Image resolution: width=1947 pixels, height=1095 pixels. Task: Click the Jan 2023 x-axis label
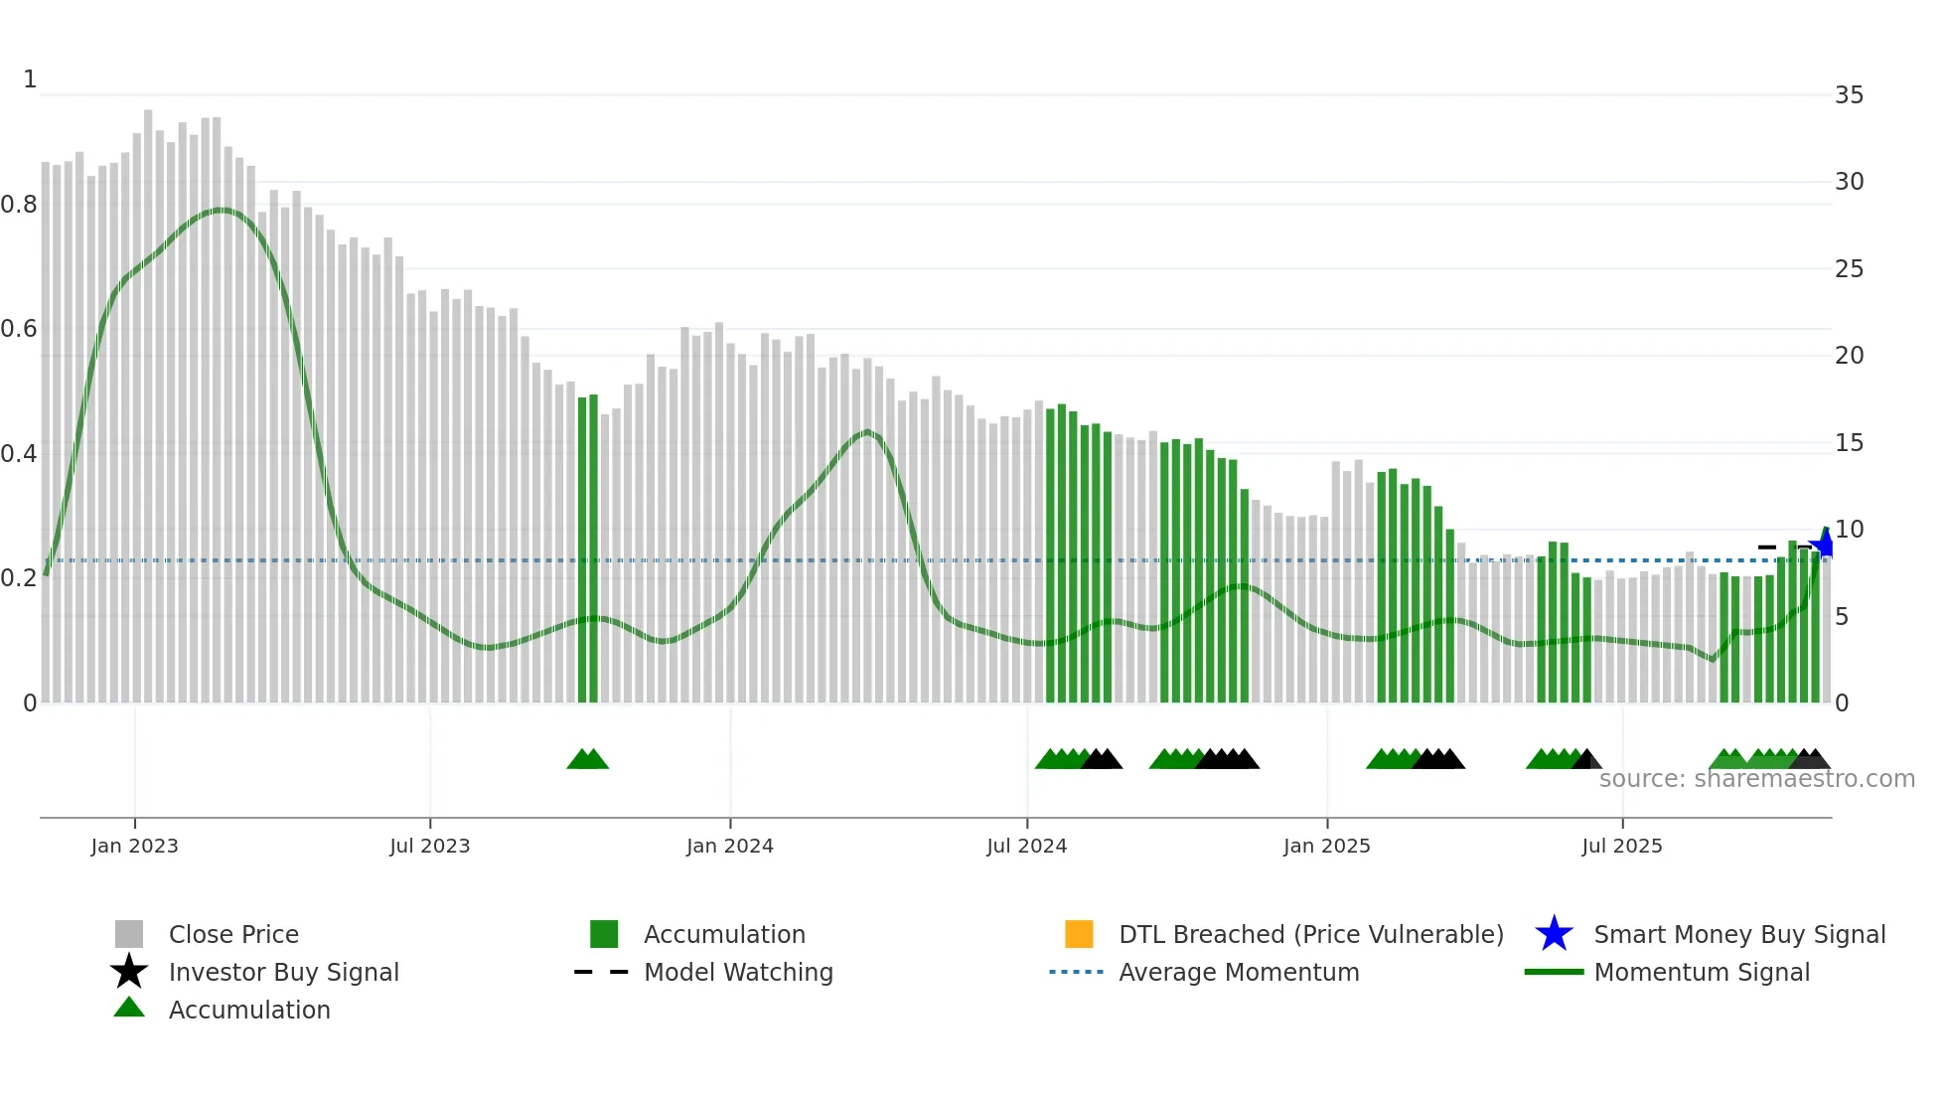tap(134, 846)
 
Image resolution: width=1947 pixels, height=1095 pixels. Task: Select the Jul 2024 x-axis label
tap(1026, 846)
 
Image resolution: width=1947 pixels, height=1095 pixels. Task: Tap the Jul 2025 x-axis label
tap(1621, 846)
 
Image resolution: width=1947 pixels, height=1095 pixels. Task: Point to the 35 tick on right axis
tap(1849, 95)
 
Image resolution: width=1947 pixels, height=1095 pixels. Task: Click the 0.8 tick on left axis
tap(19, 205)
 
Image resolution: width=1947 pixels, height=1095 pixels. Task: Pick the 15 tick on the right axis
tap(1849, 443)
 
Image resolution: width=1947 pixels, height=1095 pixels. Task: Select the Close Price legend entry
tap(233, 934)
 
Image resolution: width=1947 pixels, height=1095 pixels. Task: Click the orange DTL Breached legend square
tap(1079, 934)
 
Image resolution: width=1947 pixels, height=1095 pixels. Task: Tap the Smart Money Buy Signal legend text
tap(1738, 934)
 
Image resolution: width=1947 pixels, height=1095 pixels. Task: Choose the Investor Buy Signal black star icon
tap(129, 972)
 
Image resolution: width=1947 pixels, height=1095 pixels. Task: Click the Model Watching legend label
tap(738, 972)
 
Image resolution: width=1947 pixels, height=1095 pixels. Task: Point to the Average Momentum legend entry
tap(1238, 972)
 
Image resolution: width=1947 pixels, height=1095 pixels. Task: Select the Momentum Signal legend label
tap(1701, 972)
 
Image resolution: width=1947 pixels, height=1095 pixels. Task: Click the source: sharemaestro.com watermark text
tap(1756, 779)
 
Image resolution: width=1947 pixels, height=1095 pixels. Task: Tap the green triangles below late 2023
tap(587, 760)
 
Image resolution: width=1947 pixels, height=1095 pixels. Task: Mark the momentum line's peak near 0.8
tap(223, 210)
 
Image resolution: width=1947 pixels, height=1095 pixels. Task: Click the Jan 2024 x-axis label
tap(729, 846)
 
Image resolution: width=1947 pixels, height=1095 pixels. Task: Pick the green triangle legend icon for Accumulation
tap(129, 1008)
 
